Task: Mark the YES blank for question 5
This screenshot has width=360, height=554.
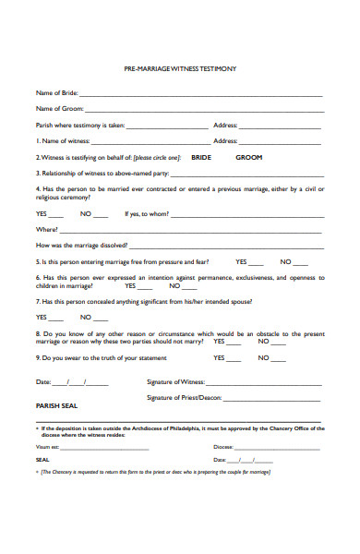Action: pyautogui.click(x=257, y=263)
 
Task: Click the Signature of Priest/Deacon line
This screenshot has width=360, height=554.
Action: pyautogui.click(x=274, y=399)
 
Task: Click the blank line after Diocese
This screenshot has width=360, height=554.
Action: pyautogui.click(x=276, y=447)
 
